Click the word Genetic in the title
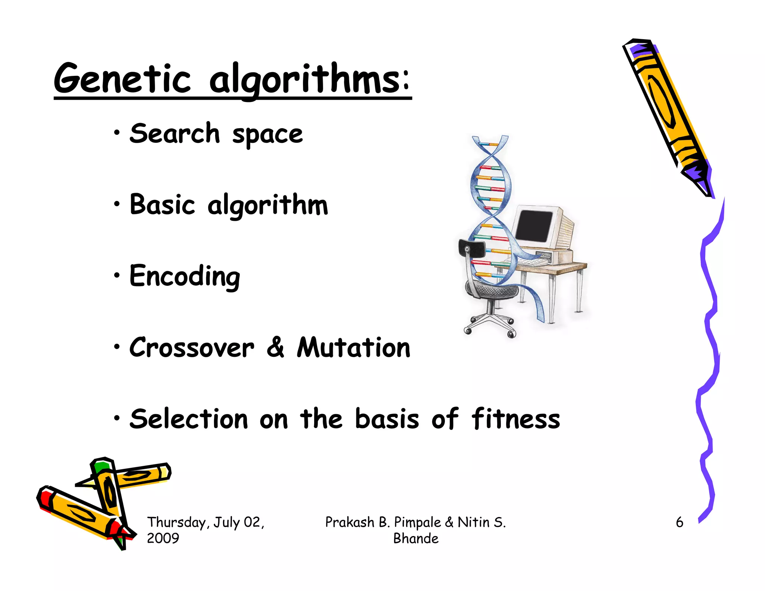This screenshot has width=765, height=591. [122, 79]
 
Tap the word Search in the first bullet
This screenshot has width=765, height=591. [174, 134]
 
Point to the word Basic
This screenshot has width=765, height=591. [162, 205]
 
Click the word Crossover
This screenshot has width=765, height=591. [192, 348]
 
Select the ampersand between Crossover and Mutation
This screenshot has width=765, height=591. [276, 347]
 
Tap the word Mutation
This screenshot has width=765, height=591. [353, 348]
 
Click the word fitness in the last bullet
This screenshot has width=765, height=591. [515, 419]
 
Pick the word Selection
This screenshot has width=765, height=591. [189, 419]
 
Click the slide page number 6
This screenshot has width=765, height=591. [679, 522]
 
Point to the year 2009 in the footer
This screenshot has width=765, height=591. [163, 538]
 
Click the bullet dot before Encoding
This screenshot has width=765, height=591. [117, 275]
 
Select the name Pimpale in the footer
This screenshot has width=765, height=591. [418, 522]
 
